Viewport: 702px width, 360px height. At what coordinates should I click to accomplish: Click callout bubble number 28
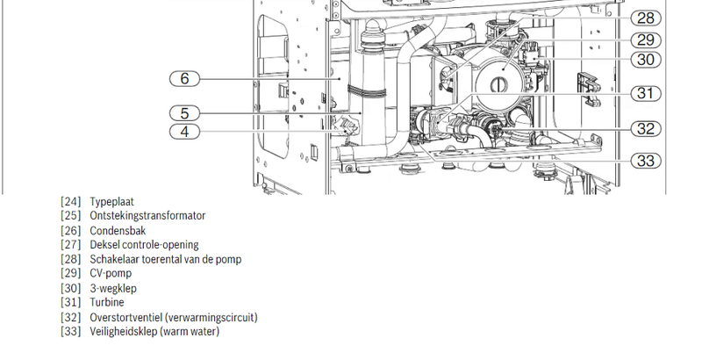tap(646, 18)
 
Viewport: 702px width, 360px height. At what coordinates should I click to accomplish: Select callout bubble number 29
tap(646, 40)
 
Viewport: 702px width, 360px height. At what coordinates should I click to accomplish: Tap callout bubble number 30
tap(646, 60)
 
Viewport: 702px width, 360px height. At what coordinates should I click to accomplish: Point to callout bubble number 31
tap(646, 94)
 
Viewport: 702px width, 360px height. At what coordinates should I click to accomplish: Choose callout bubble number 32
tap(646, 129)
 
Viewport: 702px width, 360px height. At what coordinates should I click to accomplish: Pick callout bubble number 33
tap(646, 161)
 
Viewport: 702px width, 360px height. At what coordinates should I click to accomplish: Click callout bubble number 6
tap(184, 79)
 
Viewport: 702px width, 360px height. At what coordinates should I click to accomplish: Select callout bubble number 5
tap(184, 113)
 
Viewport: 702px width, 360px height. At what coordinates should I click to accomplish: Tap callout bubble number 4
tap(184, 132)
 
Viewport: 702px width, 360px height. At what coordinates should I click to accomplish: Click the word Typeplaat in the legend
tap(112, 202)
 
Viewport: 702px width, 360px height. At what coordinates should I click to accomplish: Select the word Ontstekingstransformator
tap(147, 216)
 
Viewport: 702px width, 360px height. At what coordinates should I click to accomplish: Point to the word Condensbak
tap(118, 231)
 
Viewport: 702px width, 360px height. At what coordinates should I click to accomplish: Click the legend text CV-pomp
tap(111, 273)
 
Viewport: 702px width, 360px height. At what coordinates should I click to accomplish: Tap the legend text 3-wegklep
tap(113, 288)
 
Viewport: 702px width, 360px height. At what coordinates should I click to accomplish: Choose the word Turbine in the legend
tap(107, 302)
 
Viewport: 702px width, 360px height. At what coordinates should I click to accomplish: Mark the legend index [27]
tap(71, 245)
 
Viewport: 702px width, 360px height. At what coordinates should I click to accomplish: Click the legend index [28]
tap(71, 259)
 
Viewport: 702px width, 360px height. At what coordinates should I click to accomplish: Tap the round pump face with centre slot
tap(499, 83)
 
